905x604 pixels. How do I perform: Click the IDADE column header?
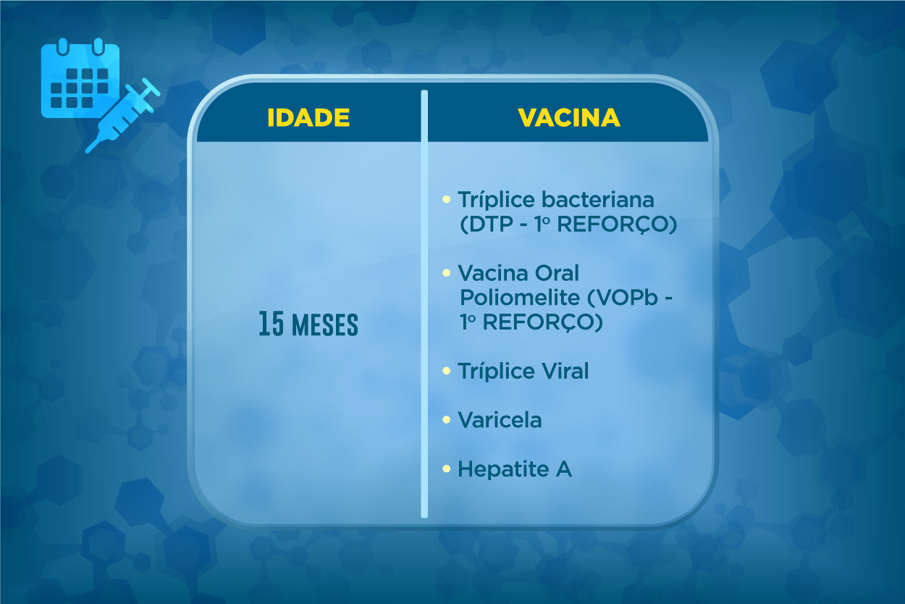(x=308, y=117)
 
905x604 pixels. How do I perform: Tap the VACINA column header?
(x=569, y=117)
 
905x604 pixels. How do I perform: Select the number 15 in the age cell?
(x=271, y=324)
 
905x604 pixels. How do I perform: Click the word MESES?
(x=325, y=325)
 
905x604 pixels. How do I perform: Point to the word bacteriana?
(x=597, y=200)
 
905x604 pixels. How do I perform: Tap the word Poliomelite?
(x=520, y=298)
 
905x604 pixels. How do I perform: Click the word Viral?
(x=565, y=371)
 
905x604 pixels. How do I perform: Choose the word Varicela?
(x=500, y=420)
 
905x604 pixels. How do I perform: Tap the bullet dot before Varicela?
(x=447, y=420)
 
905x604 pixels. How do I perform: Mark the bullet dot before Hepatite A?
(x=447, y=469)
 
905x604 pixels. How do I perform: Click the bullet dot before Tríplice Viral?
(x=447, y=371)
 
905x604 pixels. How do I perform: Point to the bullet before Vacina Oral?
(x=447, y=273)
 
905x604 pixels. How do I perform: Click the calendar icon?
(x=80, y=78)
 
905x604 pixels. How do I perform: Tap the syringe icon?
(x=122, y=116)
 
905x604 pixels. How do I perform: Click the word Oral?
(x=557, y=274)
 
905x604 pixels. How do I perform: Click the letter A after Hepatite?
(x=564, y=469)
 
